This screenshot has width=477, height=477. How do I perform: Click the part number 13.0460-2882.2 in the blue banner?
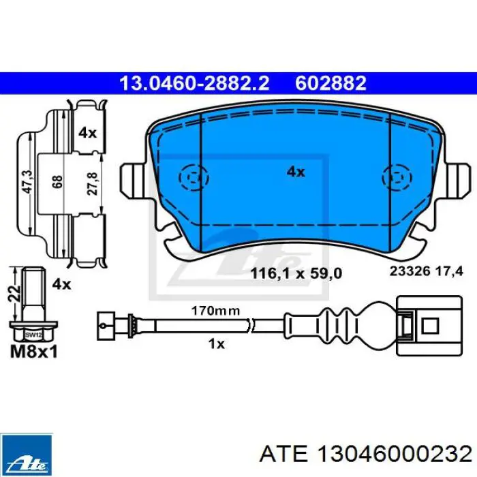(194, 83)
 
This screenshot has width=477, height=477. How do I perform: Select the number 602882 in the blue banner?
(330, 83)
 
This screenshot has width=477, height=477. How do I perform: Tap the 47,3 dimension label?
(29, 182)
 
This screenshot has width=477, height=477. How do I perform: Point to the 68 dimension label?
(57, 182)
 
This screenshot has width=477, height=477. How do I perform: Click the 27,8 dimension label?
(93, 183)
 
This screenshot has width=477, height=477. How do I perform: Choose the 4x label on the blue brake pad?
(296, 172)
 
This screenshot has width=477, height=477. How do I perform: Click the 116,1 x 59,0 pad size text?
(296, 273)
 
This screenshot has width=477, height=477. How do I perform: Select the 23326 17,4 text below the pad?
(427, 271)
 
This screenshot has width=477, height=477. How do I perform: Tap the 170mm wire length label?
(215, 311)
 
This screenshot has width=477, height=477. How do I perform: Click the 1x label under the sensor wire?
(216, 343)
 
